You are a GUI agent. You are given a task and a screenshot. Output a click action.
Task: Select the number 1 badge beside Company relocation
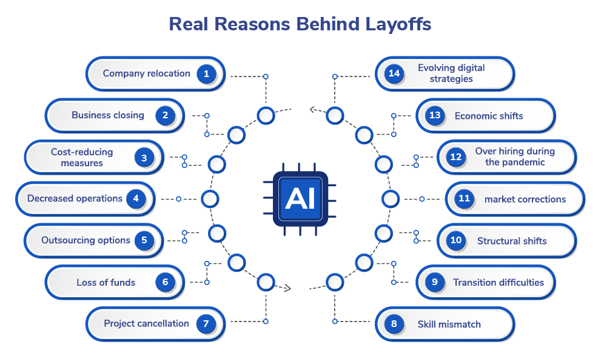tap(206, 74)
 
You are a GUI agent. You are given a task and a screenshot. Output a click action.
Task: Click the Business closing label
tap(108, 115)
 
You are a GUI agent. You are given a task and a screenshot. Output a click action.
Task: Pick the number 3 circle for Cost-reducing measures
tap(144, 158)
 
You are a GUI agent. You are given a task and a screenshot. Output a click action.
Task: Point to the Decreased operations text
tap(75, 198)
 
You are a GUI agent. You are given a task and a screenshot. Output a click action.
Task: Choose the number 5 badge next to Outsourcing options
tap(144, 240)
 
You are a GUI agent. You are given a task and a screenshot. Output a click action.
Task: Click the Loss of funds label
tap(106, 282)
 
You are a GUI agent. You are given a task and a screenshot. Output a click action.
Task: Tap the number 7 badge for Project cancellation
tap(206, 324)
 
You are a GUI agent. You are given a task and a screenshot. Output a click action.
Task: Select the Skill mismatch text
tap(449, 324)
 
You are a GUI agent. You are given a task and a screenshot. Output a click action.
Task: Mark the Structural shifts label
tap(512, 241)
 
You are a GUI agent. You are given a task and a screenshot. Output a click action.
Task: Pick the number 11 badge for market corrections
tap(465, 199)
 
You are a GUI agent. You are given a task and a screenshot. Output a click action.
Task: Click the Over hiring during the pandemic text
tap(515, 157)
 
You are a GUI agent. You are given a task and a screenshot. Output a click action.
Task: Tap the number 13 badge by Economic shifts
tap(435, 116)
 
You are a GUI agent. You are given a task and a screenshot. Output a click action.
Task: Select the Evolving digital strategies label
tap(451, 73)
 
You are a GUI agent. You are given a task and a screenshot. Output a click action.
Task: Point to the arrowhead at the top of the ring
tap(312, 110)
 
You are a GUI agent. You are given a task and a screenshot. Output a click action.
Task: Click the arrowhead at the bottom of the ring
tap(288, 287)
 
